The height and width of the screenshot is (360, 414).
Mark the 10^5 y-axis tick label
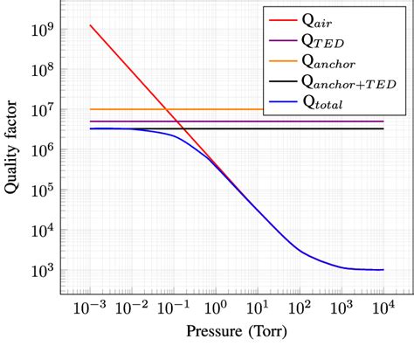click(41, 190)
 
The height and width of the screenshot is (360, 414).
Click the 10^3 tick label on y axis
click(41, 270)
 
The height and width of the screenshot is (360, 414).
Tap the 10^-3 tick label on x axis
click(91, 308)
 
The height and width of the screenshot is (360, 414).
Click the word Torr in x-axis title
click(264, 333)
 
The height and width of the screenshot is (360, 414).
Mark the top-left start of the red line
click(90, 25)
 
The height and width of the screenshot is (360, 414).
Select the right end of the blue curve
click(383, 269)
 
